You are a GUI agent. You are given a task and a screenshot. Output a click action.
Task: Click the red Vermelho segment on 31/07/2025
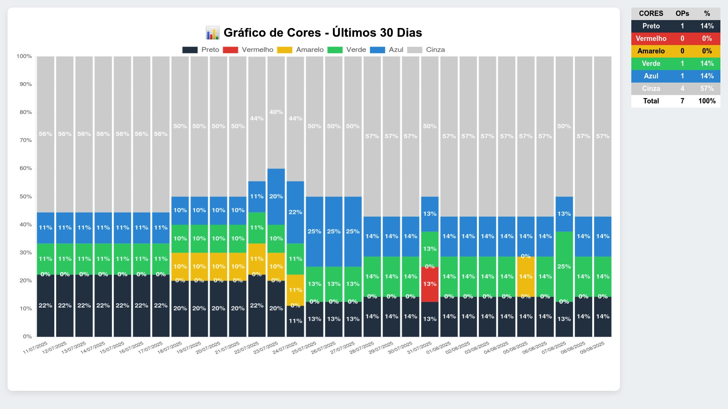430,284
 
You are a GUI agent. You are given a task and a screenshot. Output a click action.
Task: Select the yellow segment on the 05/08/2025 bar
526,277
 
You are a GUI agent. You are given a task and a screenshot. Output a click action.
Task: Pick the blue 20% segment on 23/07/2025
276,197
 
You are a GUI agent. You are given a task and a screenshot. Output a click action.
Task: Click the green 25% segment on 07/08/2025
564,267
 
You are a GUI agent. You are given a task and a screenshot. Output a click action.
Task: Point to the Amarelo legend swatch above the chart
285,50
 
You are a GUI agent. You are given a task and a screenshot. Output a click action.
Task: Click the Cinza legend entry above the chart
435,50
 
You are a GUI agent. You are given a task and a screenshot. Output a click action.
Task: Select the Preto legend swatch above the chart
190,50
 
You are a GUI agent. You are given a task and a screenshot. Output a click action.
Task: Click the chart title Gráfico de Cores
323,33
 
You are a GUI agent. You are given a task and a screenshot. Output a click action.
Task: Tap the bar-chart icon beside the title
212,33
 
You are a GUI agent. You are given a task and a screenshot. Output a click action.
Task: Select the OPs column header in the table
682,14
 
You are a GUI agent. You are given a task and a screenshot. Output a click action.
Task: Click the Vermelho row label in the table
651,39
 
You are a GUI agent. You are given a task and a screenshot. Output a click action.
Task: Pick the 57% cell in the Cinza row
707,89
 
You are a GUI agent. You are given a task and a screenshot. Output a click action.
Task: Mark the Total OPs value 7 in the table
682,101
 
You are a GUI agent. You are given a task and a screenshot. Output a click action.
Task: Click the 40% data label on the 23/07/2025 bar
276,112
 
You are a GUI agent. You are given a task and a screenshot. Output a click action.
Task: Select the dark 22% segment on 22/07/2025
257,306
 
